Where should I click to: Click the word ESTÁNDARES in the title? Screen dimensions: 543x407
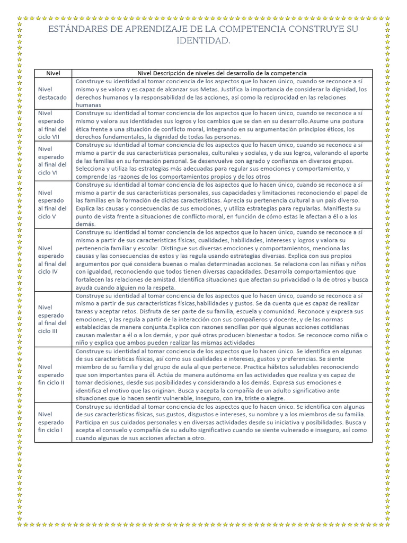tap(72, 29)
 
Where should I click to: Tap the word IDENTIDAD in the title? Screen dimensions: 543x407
tap(203, 41)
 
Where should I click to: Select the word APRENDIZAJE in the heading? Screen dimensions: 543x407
tap(141, 29)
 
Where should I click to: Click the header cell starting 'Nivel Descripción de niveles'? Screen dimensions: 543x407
tap(222, 73)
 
